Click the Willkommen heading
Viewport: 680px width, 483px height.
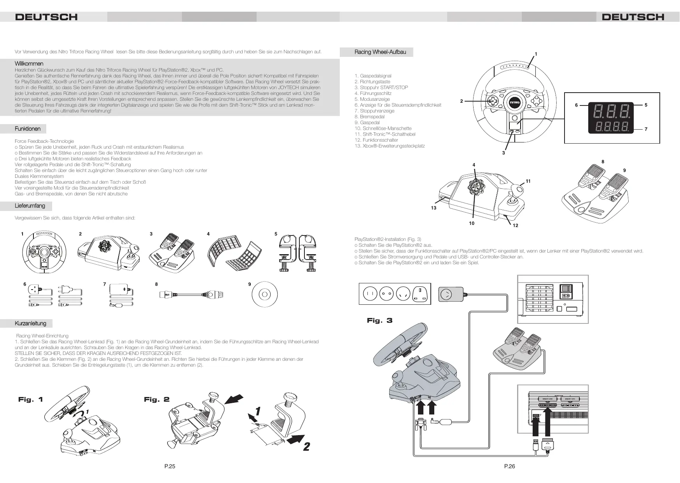click(x=29, y=63)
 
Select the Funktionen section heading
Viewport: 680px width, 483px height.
click(x=27, y=129)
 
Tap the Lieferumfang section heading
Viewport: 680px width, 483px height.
click(x=30, y=206)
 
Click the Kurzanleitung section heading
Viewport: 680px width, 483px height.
click(x=30, y=323)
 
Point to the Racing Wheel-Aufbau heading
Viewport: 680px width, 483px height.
click(x=380, y=52)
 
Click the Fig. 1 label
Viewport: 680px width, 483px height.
click(x=30, y=399)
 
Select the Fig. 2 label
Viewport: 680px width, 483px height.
click(x=156, y=399)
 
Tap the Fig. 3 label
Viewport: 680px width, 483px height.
click(x=379, y=320)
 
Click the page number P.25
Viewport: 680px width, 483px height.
click(x=170, y=466)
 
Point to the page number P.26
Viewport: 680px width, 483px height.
click(x=509, y=466)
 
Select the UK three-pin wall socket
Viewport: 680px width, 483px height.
click(x=421, y=294)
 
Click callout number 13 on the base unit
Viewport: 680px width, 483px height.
click(x=434, y=208)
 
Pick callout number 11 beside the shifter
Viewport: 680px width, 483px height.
click(x=528, y=181)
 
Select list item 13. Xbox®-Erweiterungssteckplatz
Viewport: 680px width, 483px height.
click(x=390, y=146)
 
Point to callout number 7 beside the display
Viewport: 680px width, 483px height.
click(x=646, y=129)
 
